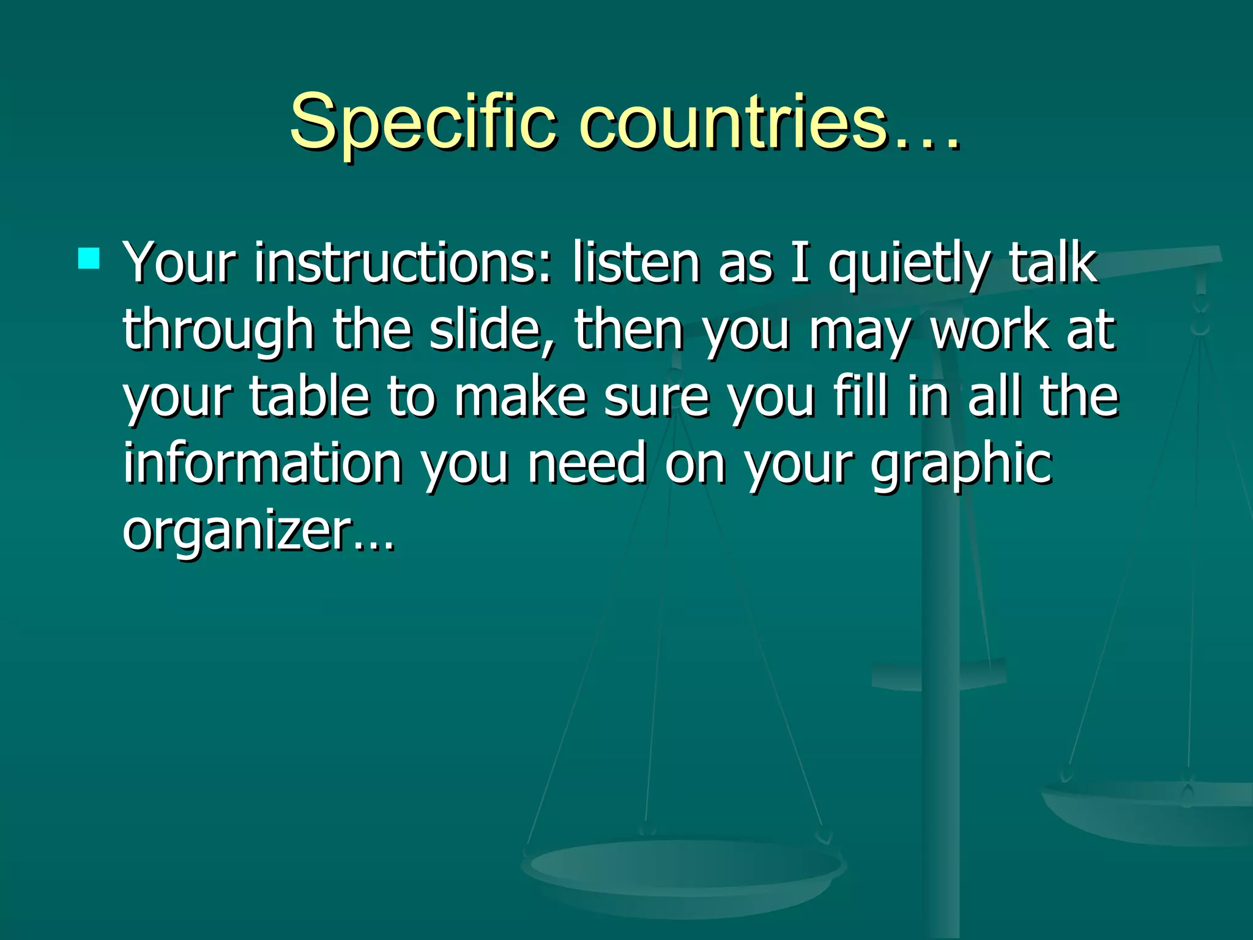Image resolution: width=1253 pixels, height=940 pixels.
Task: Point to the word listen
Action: click(x=636, y=263)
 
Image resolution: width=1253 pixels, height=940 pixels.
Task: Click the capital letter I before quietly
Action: click(x=800, y=263)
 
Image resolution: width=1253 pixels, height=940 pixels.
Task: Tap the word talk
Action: click(x=1053, y=263)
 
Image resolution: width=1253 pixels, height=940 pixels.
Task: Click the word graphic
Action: click(x=961, y=465)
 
